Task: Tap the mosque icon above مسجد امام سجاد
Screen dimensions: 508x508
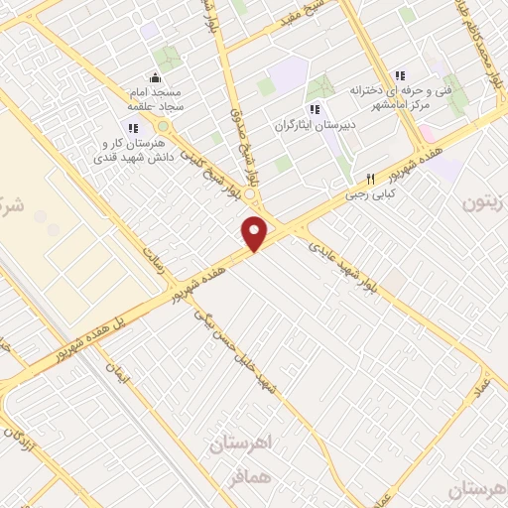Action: [x=154, y=78]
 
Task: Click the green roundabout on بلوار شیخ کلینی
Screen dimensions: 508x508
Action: [x=163, y=127]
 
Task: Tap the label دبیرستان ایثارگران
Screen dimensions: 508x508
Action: [x=315, y=127]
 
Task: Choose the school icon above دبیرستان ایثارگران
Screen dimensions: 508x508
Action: [x=315, y=109]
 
